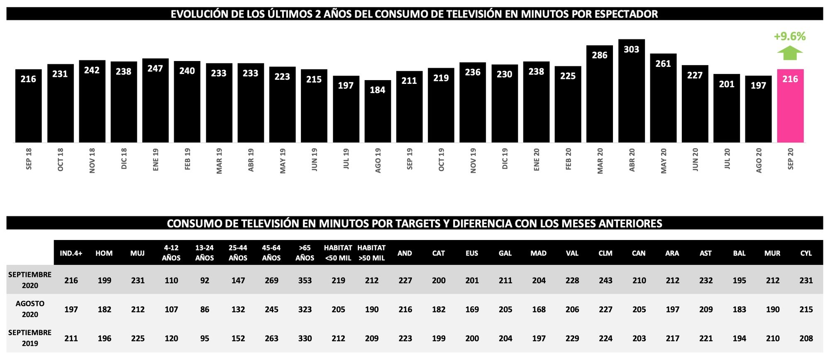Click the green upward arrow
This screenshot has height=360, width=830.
[x=790, y=53]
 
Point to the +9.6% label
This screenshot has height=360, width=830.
[x=790, y=37]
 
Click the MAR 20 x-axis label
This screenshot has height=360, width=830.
[x=600, y=161]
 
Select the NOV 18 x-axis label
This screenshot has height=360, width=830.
[x=92, y=160]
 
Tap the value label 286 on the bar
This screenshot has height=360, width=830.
[x=599, y=55]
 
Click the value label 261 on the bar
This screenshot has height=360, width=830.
[x=663, y=64]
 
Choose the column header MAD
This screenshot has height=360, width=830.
[x=538, y=253]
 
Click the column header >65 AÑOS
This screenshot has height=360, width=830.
[x=305, y=253]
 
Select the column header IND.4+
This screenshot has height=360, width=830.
[x=71, y=253]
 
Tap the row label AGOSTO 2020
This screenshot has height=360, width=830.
[x=30, y=309]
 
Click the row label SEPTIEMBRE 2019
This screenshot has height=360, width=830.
[x=30, y=338]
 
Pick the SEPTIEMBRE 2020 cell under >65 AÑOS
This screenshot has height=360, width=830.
[x=305, y=281]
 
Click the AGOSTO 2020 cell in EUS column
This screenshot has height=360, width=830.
[x=472, y=309]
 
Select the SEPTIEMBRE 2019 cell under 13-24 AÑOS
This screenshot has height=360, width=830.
[x=205, y=338]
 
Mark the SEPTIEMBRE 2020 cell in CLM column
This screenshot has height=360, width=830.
[x=605, y=281]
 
